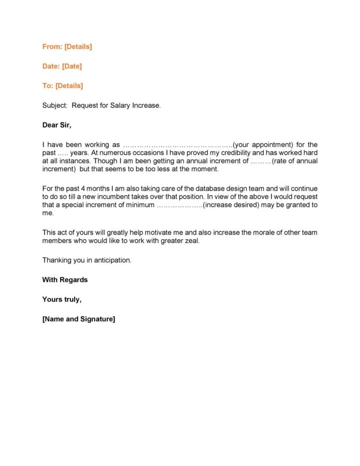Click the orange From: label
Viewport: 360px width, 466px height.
click(52, 47)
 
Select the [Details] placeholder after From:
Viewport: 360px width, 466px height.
click(78, 47)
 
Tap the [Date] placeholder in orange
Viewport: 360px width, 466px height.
click(72, 66)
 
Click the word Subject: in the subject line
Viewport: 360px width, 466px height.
click(55, 106)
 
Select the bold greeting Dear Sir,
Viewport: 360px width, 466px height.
click(57, 125)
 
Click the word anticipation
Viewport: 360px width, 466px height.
click(111, 260)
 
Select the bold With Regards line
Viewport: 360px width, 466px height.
click(65, 280)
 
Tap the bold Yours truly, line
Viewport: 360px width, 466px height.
click(62, 300)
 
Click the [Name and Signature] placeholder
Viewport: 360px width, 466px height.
click(79, 319)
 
